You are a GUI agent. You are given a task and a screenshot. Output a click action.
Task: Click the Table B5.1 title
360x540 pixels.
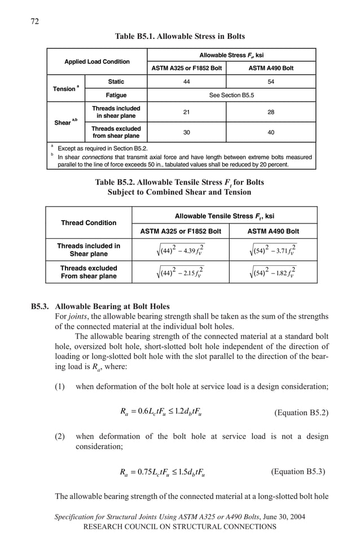(179, 36)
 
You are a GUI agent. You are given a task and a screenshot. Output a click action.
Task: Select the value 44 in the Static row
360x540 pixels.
(186, 82)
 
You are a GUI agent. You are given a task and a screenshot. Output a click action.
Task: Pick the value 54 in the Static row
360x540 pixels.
(271, 82)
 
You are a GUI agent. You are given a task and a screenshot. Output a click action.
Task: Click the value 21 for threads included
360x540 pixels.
(186, 112)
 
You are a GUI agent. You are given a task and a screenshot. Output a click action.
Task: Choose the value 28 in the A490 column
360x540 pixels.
(271, 112)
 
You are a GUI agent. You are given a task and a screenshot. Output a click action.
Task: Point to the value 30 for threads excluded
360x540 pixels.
(186, 133)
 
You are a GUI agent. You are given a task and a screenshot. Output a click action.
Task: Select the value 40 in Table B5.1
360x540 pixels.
(271, 133)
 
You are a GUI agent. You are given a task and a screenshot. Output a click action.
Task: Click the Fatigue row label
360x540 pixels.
(116, 95)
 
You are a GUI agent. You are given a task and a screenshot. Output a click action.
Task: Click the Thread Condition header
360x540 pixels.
(89, 223)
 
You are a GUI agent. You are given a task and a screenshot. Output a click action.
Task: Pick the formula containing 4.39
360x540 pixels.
(180, 250)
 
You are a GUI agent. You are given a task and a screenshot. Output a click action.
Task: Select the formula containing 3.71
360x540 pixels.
(273, 250)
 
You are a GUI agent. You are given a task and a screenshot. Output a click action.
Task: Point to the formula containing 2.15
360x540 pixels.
(180, 273)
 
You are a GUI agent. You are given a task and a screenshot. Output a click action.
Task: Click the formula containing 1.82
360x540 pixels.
(273, 273)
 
